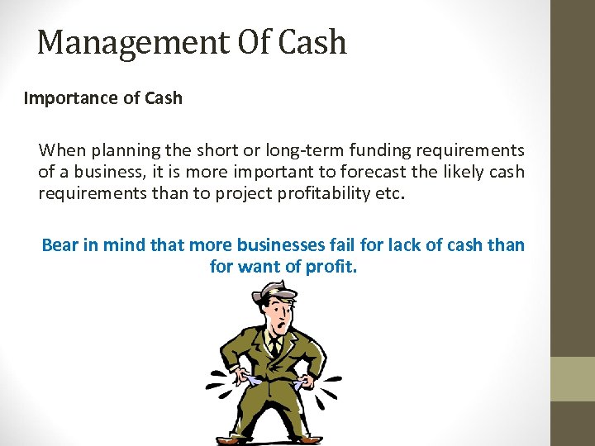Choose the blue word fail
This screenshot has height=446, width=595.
point(350,245)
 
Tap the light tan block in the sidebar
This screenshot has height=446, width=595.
point(573,378)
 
